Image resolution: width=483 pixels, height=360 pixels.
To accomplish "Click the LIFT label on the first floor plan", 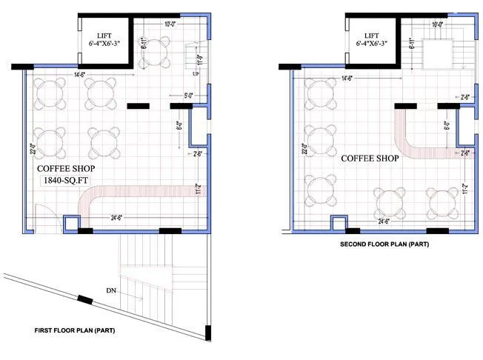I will click(104, 36).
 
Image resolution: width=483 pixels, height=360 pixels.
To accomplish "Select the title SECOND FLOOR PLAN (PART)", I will click(384, 244).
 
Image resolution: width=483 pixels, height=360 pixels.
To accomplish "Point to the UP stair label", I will click(195, 75).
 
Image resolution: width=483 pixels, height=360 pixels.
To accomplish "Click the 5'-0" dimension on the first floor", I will click(190, 95).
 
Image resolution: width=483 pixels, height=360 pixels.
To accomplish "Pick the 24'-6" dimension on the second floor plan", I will click(384, 221).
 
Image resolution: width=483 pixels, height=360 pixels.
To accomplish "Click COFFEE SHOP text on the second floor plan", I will click(370, 158).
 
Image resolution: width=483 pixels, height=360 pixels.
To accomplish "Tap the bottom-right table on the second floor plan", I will click(443, 201).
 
